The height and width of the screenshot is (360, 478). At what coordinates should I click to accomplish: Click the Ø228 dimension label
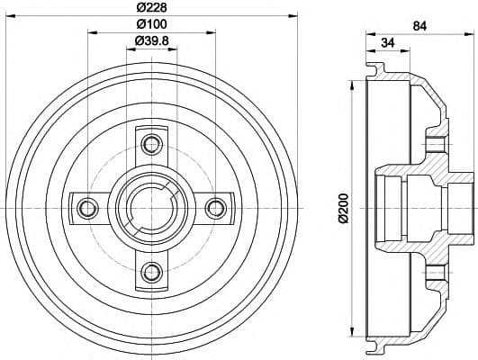pos(151,7)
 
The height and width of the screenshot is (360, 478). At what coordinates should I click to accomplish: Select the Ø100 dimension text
pos(151,24)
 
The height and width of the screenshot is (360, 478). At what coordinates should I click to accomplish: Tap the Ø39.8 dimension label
pos(151,40)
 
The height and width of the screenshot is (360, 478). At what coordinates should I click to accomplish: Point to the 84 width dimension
pos(419,26)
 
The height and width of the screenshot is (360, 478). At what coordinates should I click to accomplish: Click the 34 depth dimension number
pos(388,43)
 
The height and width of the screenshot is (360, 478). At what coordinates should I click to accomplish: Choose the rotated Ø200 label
pos(343,208)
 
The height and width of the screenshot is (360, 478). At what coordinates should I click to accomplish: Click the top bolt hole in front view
pos(151,144)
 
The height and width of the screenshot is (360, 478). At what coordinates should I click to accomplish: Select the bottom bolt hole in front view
pos(151,272)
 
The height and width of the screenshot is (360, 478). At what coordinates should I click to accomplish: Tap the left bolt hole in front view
pos(87,209)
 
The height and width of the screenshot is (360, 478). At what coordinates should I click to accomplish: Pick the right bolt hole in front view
pos(216,209)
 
